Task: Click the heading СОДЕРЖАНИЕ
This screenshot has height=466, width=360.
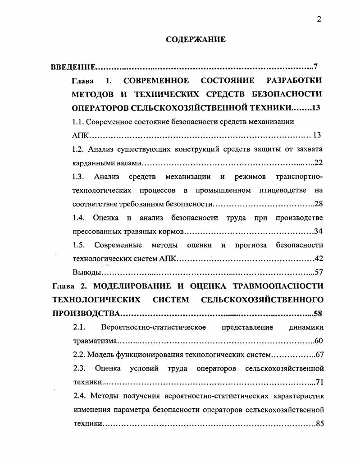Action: (196, 40)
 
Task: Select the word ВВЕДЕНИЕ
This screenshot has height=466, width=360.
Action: (73, 67)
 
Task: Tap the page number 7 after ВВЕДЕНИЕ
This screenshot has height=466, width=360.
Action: (316, 67)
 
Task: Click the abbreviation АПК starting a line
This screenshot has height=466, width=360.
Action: (82, 135)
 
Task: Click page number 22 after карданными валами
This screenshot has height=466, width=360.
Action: (318, 163)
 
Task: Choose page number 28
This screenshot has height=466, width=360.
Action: (319, 204)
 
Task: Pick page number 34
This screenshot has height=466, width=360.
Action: (319, 232)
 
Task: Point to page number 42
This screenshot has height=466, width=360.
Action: (319, 259)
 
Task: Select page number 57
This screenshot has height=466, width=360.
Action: (319, 272)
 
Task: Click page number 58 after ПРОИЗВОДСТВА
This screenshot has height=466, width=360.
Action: (318, 313)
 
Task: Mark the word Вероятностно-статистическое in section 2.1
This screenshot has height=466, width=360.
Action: (154, 327)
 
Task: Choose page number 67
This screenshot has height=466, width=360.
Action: (319, 354)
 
